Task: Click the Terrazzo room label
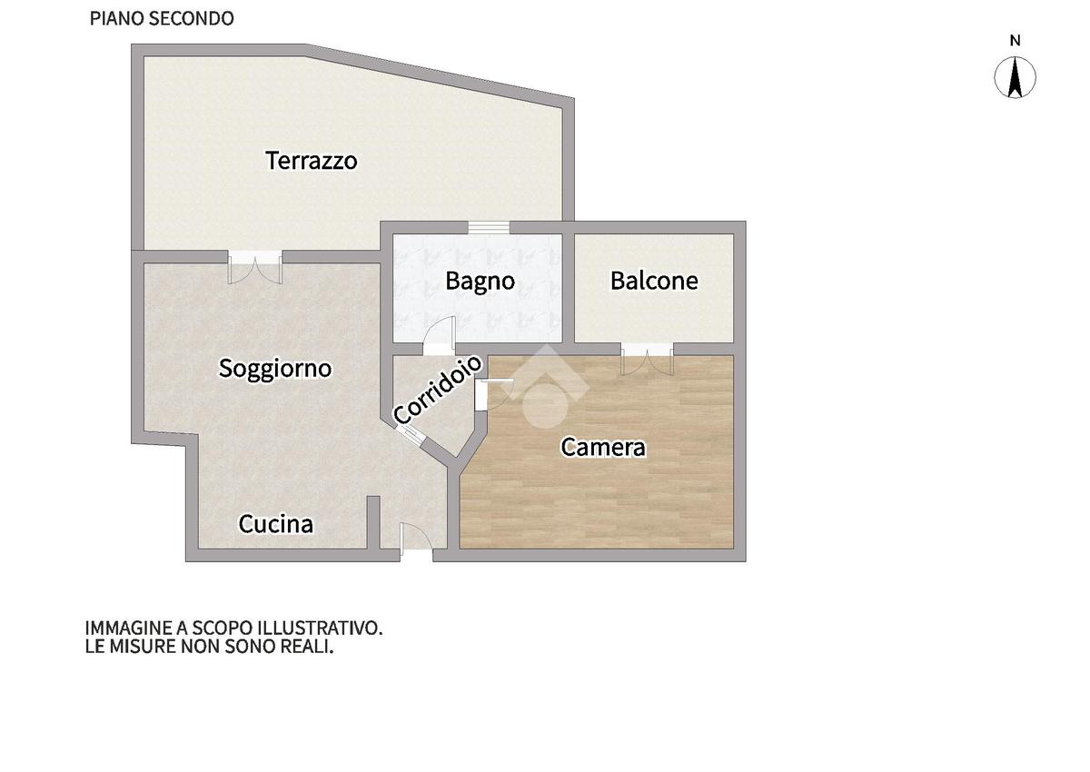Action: click(312, 161)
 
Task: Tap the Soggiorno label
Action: click(275, 370)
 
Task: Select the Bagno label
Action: click(481, 282)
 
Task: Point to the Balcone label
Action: click(655, 281)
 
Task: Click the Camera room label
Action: click(603, 447)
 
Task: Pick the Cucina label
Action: click(276, 524)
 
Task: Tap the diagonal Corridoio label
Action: click(438, 390)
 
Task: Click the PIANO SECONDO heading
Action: click(162, 18)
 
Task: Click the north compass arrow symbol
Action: click(1016, 77)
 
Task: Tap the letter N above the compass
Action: click(1016, 41)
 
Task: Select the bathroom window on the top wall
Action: click(489, 228)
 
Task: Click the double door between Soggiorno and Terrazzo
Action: click(255, 267)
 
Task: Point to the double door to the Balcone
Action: click(647, 359)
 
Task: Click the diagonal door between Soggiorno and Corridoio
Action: click(410, 435)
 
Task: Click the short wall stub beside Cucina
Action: click(373, 523)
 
